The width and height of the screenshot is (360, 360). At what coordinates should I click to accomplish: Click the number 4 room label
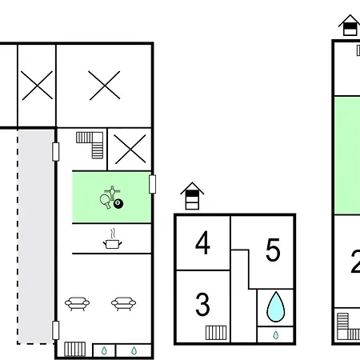pos(202,242)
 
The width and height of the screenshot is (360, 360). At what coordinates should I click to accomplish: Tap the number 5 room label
pos(273,250)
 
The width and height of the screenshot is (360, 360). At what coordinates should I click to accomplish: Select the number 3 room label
pos(202,304)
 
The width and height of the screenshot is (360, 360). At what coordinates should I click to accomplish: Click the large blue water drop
pos(276,306)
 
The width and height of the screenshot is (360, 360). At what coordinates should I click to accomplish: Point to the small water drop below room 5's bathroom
pos(276,335)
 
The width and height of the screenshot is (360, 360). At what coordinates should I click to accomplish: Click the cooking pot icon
pos(113,239)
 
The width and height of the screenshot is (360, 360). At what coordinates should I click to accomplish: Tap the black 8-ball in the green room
pos(118,204)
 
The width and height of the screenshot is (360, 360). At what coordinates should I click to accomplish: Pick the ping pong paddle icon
pos(105,202)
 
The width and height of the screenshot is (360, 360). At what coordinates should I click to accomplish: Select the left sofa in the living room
pos(77,304)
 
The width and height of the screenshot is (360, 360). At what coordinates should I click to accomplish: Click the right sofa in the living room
pos(123,304)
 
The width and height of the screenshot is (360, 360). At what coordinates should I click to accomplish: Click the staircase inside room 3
pos(216,333)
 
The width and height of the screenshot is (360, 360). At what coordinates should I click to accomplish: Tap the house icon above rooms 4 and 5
pos(192,196)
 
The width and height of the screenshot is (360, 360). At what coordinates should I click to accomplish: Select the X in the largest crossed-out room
pos(104,86)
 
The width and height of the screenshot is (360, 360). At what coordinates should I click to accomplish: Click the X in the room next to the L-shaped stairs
pos(130,149)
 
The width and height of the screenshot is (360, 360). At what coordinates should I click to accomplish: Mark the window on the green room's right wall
pos(152,184)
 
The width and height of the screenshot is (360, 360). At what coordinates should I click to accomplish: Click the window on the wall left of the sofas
pos(55,330)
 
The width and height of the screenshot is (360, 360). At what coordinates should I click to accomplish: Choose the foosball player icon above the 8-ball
pos(112,193)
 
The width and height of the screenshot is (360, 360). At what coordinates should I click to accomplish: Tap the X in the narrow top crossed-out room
pos(37,86)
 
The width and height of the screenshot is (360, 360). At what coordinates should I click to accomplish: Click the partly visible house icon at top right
pos(350,26)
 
